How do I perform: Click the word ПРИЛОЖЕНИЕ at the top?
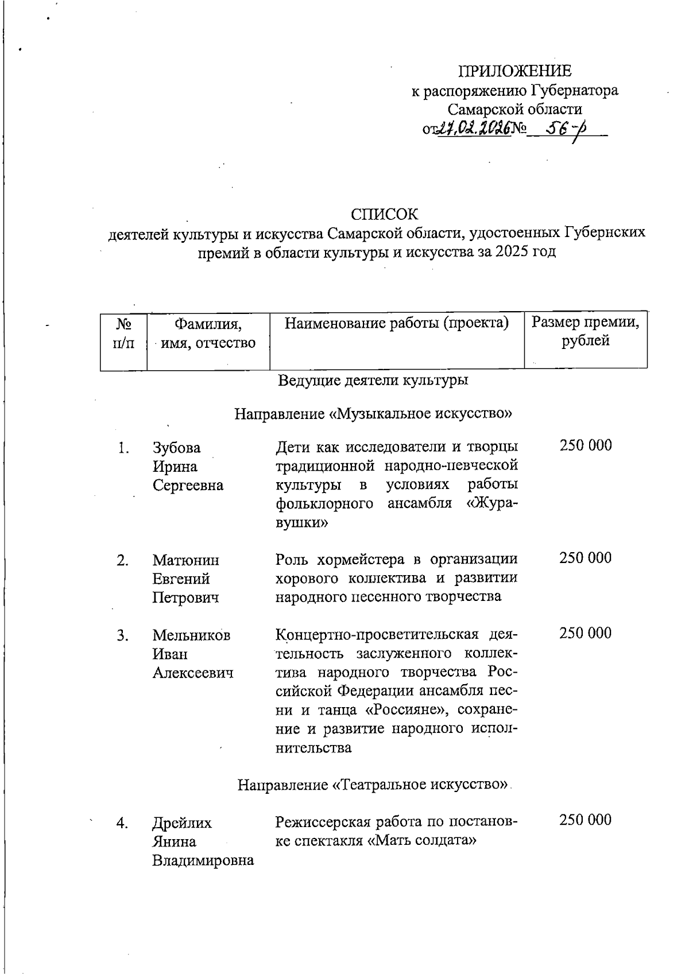(514, 71)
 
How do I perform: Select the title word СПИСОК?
(385, 214)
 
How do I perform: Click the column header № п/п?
(123, 333)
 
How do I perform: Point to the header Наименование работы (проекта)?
(397, 323)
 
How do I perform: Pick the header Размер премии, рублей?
(585, 331)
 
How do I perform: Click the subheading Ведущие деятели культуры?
(373, 380)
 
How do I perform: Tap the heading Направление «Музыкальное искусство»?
(373, 413)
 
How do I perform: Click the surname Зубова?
(177, 448)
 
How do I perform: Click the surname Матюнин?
(185, 560)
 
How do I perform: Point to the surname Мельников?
(191, 635)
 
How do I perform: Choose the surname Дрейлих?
(181, 823)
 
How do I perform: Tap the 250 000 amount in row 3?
(586, 633)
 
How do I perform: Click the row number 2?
(122, 560)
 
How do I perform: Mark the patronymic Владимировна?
(203, 860)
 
